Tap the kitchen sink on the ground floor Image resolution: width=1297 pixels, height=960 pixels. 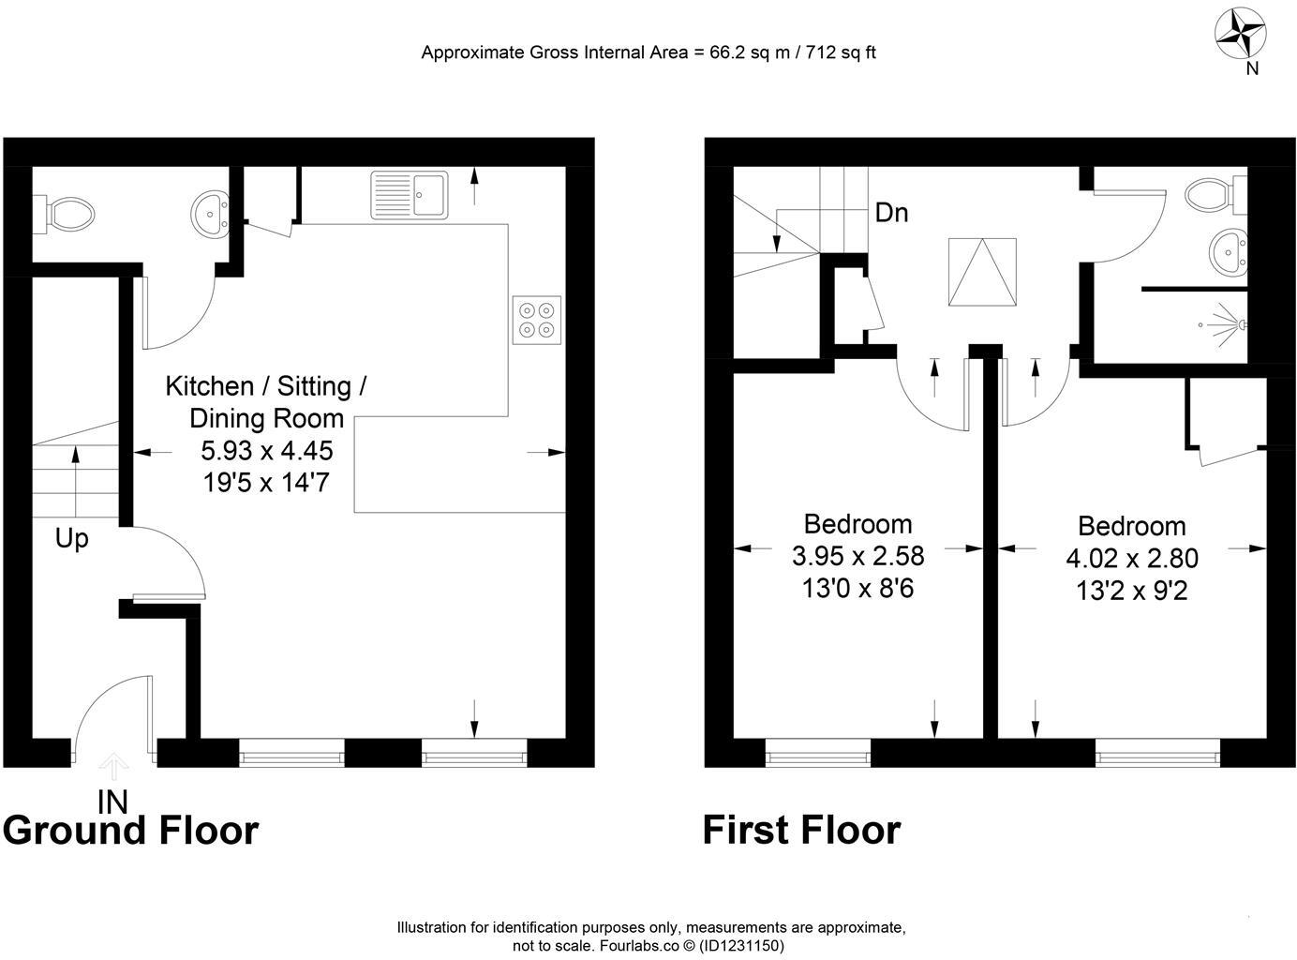point(410,195)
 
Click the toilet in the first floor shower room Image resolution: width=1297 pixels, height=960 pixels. point(1215,194)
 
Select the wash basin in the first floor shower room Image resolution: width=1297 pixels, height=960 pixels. point(1228,251)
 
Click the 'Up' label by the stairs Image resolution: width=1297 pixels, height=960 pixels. point(71,539)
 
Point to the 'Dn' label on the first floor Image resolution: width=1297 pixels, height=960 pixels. point(891,213)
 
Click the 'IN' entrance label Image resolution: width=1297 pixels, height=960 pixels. point(113,801)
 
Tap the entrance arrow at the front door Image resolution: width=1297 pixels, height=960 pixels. point(113,766)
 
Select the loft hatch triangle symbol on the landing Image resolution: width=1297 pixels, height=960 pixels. point(981,272)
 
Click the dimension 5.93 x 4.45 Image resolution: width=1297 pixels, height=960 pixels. point(267,451)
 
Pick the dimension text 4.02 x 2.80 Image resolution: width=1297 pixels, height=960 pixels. point(1131,559)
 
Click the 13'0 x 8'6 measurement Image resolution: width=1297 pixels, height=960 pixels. point(857,589)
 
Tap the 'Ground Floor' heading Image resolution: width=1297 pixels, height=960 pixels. point(130,831)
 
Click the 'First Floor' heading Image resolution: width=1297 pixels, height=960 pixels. point(801,831)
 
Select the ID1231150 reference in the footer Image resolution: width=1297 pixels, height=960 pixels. point(742,946)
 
